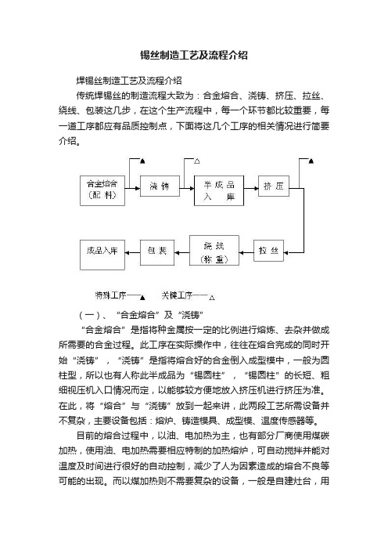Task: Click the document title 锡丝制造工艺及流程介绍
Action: tap(194, 56)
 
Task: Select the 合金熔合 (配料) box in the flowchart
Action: tap(102, 190)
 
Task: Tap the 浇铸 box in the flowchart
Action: tap(160, 186)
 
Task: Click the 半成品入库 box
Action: tap(219, 190)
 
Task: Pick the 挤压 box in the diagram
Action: tap(274, 186)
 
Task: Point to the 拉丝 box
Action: tap(268, 251)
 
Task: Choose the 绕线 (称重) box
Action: tap(214, 251)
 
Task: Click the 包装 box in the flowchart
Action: tap(157, 252)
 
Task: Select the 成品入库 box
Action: tap(102, 255)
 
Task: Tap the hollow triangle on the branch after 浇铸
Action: tap(197, 161)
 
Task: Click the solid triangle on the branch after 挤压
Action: tap(311, 161)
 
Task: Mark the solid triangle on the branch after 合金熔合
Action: tap(142, 161)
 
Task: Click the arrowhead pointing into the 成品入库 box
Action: tap(127, 252)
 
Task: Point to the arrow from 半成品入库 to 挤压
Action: tap(251, 188)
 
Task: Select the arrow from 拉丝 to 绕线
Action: tap(246, 252)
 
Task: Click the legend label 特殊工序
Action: tap(110, 295)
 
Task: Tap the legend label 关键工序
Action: tap(177, 295)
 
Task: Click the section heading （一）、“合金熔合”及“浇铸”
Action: tap(141, 315)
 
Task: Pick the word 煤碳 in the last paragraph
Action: tap(320, 436)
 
